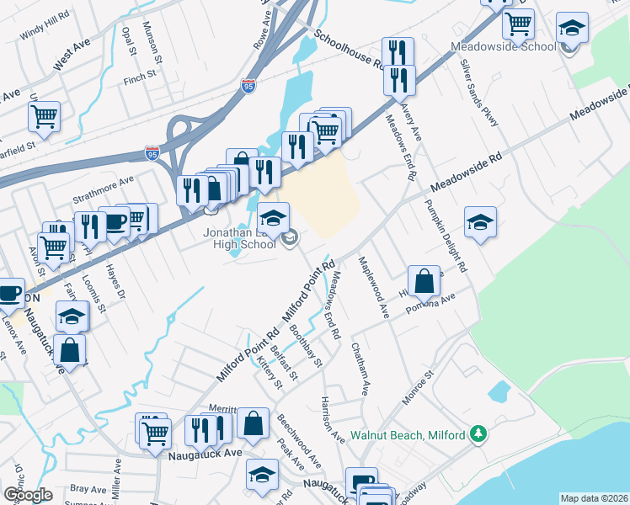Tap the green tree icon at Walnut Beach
[478, 433]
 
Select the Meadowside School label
[503, 46]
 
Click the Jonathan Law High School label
[238, 238]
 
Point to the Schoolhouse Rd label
[349, 50]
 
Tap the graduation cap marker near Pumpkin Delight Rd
[479, 222]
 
